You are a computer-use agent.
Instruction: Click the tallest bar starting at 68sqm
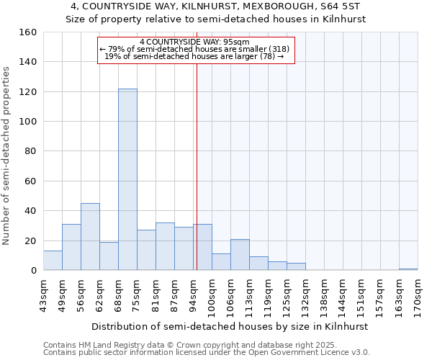(x=127, y=179)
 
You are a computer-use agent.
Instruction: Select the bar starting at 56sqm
(x=90, y=237)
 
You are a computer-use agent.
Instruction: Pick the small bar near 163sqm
(x=408, y=269)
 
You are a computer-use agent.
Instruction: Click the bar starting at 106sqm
(x=240, y=255)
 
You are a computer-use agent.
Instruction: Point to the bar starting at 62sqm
(x=109, y=256)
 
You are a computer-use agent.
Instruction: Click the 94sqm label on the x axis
(x=193, y=294)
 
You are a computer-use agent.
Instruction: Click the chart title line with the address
(x=216, y=6)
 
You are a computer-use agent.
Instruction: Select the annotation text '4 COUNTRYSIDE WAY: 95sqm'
(x=195, y=42)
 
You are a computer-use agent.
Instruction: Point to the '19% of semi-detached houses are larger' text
(x=195, y=56)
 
